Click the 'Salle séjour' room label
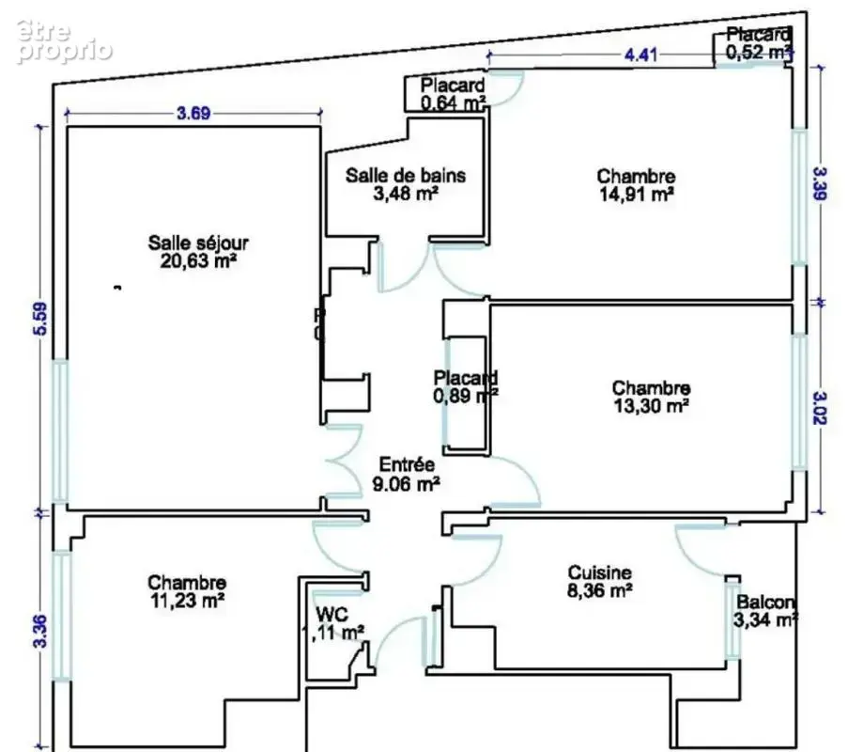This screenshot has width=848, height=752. pyautogui.click(x=198, y=243)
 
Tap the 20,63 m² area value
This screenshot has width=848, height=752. pyautogui.click(x=198, y=261)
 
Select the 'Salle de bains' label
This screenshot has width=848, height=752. pyautogui.click(x=406, y=176)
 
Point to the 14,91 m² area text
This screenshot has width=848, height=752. pyautogui.click(x=637, y=194)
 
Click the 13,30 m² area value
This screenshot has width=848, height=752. pyautogui.click(x=651, y=405)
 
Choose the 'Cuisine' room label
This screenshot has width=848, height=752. pyautogui.click(x=599, y=572)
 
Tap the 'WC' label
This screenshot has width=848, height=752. pyautogui.click(x=332, y=615)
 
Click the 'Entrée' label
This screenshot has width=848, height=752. pyautogui.click(x=407, y=464)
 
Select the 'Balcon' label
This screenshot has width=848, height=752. pyautogui.click(x=765, y=602)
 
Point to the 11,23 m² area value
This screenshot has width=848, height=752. pyautogui.click(x=187, y=601)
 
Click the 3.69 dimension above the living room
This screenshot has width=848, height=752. pyautogui.click(x=193, y=114)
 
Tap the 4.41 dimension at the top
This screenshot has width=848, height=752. pyautogui.click(x=640, y=55)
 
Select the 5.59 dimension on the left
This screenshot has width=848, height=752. pyautogui.click(x=41, y=319)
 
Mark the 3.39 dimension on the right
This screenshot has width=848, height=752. pyautogui.click(x=821, y=184)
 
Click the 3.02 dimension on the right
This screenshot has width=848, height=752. pyautogui.click(x=821, y=408)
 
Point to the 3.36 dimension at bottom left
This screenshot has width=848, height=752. pyautogui.click(x=41, y=632)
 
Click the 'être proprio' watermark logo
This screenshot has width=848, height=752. pyautogui.click(x=64, y=40)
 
